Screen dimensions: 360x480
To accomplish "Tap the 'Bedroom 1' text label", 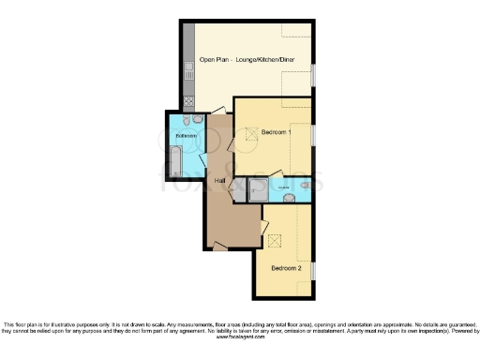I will click(277, 132).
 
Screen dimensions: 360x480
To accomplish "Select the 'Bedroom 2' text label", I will click(286, 268).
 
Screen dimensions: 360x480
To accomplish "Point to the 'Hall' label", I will click(219, 180).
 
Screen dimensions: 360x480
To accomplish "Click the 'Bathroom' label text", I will click(185, 137).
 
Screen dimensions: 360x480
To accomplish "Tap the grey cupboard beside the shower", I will click(240, 190).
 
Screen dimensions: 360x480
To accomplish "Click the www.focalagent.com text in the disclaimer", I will click(241, 338).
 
